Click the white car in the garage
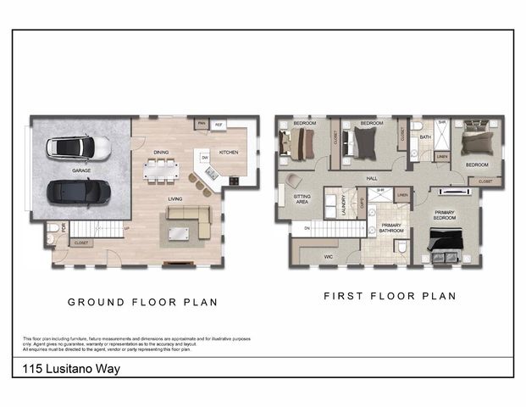pos(78,148)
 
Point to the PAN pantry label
pos(201,124)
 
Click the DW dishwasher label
pos(205,158)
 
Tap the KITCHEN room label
pos(229,153)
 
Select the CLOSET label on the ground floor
pos(81,243)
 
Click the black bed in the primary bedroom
pos(443,246)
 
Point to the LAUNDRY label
pos(344,206)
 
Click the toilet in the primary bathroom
pos(402,247)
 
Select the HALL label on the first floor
pos(371,178)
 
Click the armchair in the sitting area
pos(293,180)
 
